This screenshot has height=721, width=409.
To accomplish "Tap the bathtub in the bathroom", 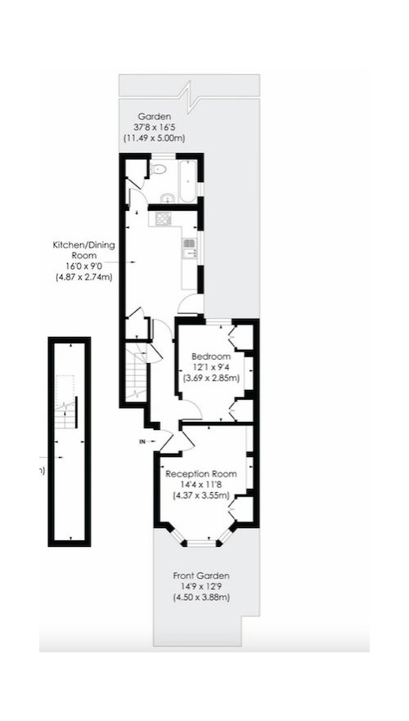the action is click(x=187, y=181).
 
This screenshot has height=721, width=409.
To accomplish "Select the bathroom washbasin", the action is click(x=167, y=198).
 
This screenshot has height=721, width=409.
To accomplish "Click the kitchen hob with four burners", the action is click(x=164, y=218).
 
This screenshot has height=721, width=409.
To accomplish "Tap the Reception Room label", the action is click(x=201, y=474).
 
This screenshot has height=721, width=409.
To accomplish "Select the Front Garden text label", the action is click(x=201, y=575).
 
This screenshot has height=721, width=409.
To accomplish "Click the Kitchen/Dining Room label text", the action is click(x=83, y=249).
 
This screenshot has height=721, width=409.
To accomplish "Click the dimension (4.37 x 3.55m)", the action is click(x=201, y=495).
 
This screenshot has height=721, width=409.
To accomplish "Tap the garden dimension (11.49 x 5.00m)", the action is click(x=154, y=138).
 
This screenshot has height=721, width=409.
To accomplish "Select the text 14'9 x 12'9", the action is click(x=201, y=587).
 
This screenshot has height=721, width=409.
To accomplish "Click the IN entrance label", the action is click(x=142, y=442).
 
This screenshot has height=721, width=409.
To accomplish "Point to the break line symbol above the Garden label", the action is click(x=189, y=96).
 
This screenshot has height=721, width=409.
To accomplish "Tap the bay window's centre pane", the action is click(x=201, y=543).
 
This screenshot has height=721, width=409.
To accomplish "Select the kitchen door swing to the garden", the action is click(x=191, y=304).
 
